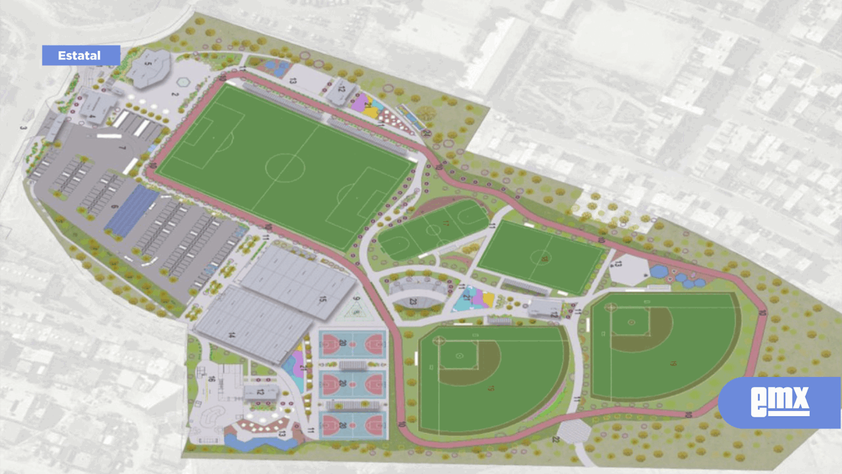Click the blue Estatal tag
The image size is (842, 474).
(x=81, y=55)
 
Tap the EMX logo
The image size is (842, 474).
(x=780, y=402)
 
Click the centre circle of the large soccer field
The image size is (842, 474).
(x=285, y=167)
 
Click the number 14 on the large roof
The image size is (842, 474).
(x=231, y=335)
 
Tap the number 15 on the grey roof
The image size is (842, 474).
(x=321, y=299)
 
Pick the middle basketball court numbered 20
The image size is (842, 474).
(x=352, y=384)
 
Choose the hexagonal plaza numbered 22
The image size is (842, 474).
(x=573, y=431)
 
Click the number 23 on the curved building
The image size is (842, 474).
(x=413, y=301)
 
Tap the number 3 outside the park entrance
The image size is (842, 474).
(x=23, y=128)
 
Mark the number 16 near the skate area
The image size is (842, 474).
(x=211, y=379)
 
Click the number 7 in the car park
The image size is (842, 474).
(x=122, y=148)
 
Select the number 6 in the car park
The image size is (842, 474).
(x=115, y=207)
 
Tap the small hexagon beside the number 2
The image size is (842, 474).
(x=182, y=83)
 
